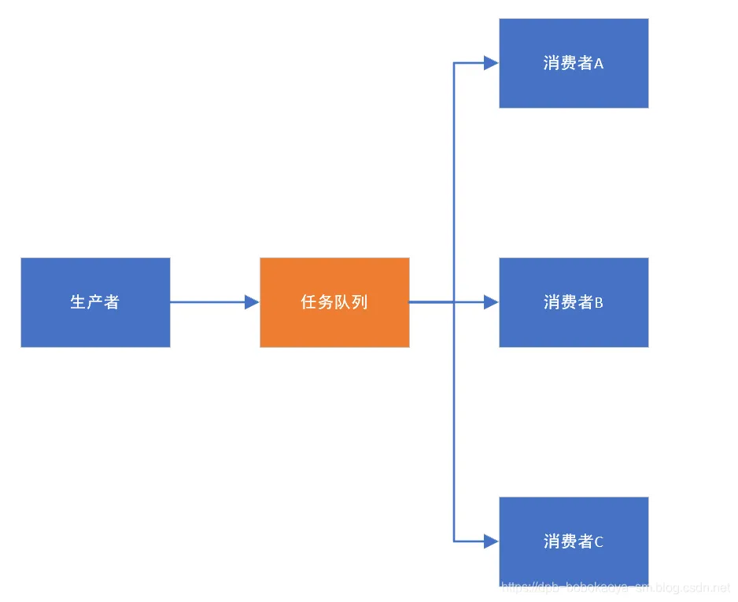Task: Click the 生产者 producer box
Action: pos(95,302)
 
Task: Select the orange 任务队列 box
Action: pos(334,302)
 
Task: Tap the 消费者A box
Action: pos(574,63)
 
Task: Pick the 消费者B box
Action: pos(574,302)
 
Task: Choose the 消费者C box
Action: pos(574,541)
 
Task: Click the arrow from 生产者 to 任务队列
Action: pos(208,302)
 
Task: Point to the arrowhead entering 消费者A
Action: pos(491,63)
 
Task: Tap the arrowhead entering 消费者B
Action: pos(491,302)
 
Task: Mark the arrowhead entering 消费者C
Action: pos(491,541)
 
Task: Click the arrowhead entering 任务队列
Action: pos(252,302)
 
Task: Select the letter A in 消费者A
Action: pos(599,64)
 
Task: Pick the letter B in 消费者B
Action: pos(599,303)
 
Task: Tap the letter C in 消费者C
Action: pos(599,542)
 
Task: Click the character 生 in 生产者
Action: pos(79,302)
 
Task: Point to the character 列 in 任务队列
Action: pos(360,302)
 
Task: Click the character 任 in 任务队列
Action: pos(309,302)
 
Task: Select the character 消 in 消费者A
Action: pos(552,64)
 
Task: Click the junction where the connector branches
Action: pos(454,302)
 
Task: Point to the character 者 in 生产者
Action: pos(111,302)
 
